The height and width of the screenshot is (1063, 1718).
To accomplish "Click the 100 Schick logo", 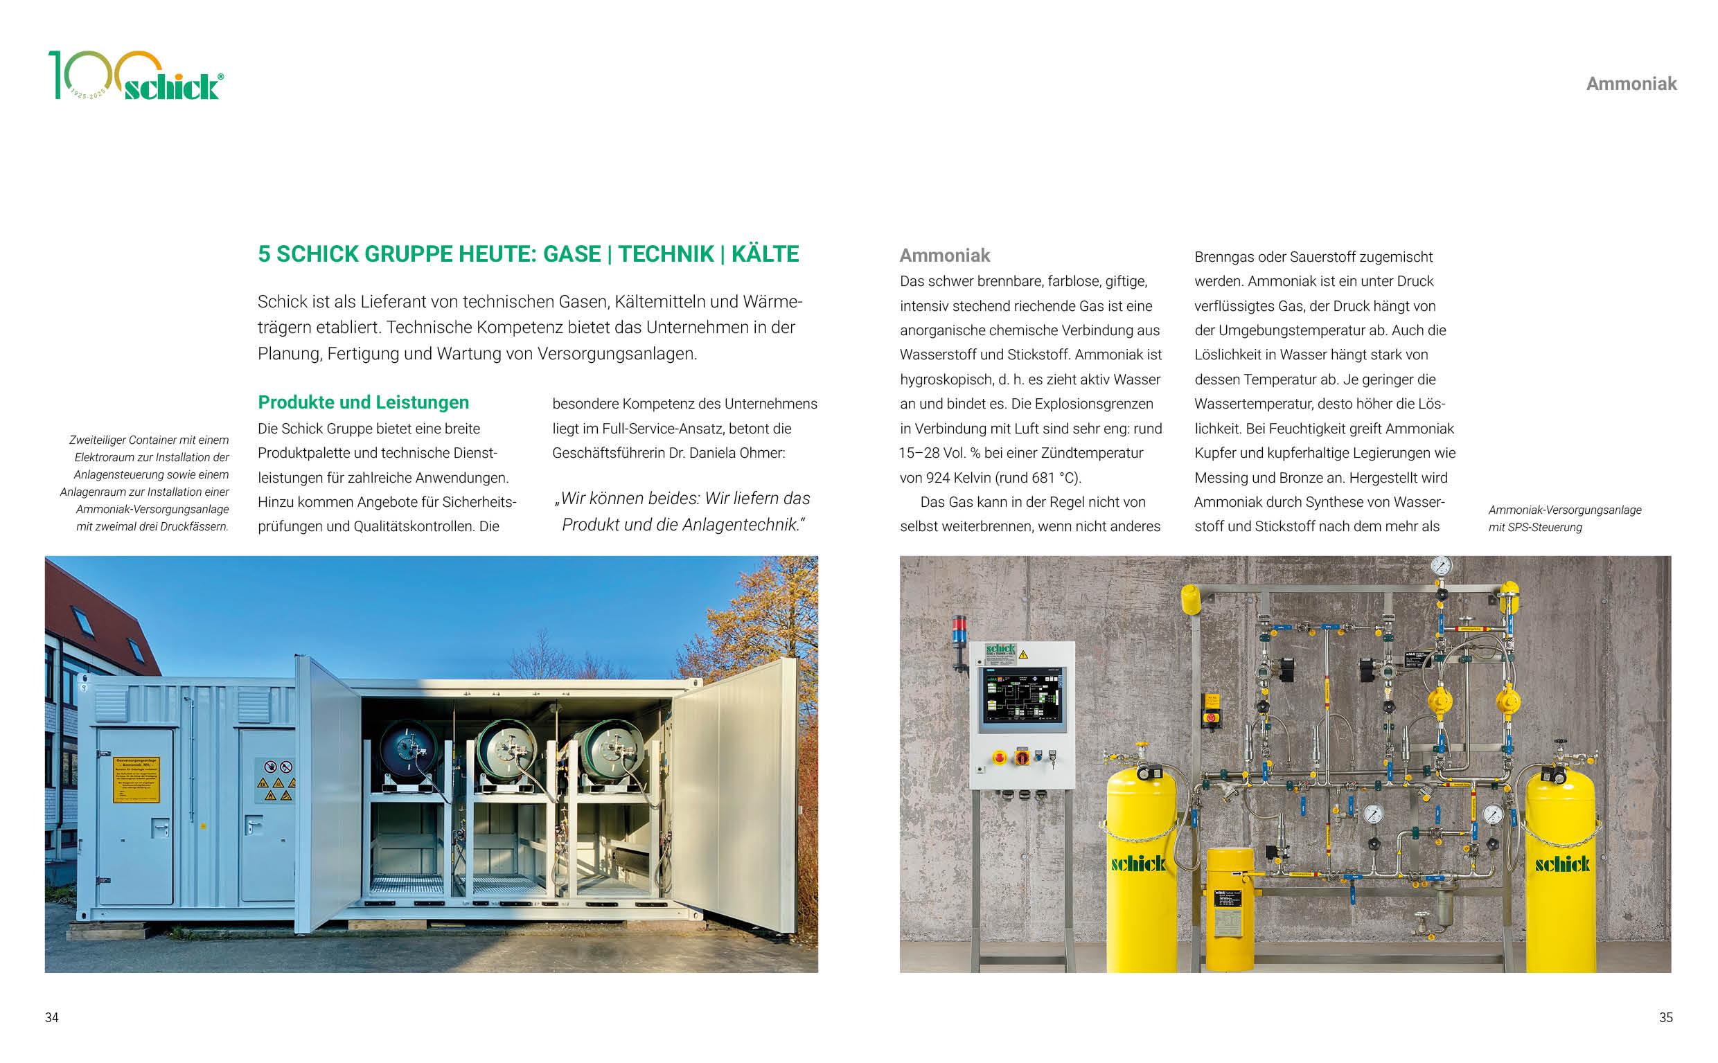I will (x=135, y=76).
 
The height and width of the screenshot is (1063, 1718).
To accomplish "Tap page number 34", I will (x=51, y=1017).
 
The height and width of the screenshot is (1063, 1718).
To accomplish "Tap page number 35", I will (x=1665, y=1017).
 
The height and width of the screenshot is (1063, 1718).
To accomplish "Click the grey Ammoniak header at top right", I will (x=1631, y=84).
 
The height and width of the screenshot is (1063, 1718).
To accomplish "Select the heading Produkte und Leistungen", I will (x=363, y=402).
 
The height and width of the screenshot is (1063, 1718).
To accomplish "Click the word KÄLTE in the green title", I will (x=765, y=253).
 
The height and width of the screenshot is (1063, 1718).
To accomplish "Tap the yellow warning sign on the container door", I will (x=137, y=779).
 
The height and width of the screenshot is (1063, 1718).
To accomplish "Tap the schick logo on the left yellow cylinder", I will (x=1138, y=864).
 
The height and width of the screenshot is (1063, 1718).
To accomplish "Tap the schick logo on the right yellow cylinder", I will (x=1562, y=864).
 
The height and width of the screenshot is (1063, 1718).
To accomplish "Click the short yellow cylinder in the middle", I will (x=1229, y=907).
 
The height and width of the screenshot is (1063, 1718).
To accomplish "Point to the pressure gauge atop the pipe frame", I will (x=1441, y=566).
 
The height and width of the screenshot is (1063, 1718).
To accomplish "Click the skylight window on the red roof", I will (x=84, y=620).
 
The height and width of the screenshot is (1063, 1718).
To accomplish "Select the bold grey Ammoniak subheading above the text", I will (x=944, y=256).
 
